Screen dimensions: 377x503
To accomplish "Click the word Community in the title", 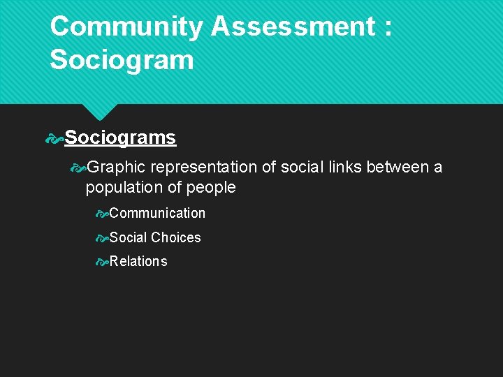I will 126,27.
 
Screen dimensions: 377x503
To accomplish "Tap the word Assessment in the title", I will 293,27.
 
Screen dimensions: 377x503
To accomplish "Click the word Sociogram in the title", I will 122,60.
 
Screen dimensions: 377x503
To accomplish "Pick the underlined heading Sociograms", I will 120,138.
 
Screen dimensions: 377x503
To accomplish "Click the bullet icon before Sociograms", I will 54,138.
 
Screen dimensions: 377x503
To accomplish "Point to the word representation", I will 203,168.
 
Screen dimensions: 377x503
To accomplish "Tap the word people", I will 211,188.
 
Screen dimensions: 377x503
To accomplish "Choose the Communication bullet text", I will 157,213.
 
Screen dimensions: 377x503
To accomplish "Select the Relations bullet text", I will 138,261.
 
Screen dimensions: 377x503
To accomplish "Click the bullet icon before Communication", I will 102,213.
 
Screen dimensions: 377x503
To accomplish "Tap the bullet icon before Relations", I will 102,262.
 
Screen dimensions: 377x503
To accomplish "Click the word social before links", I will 298,168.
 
